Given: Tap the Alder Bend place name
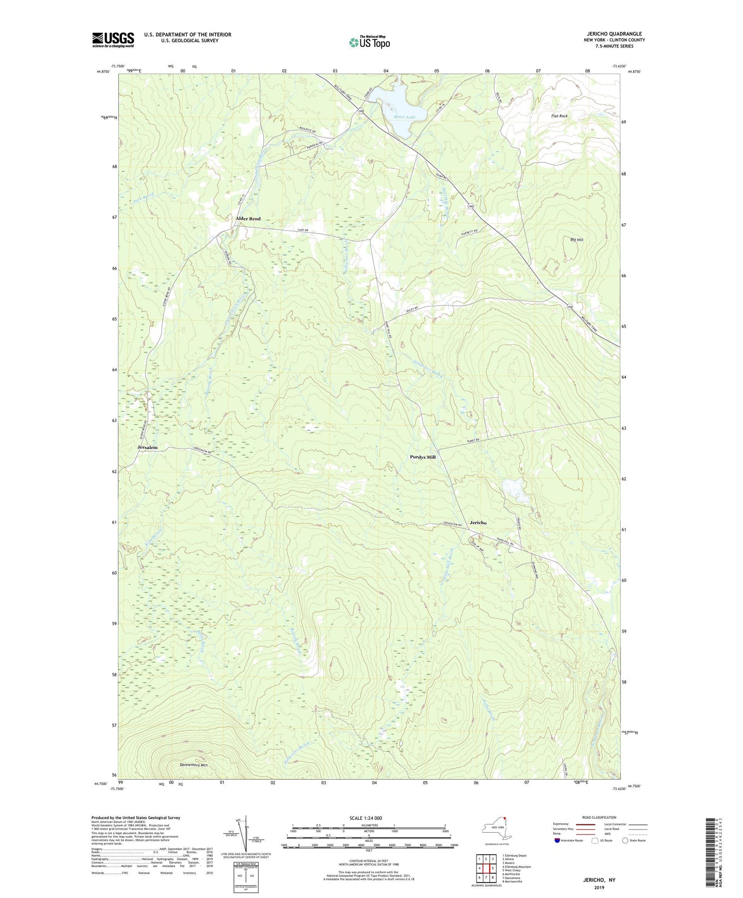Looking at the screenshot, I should (x=248, y=219).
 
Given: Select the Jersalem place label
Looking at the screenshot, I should (x=148, y=448).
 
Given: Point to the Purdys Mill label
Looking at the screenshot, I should (x=423, y=457).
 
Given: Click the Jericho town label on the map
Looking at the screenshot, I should (x=478, y=523).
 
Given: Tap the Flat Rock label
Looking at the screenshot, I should (x=559, y=116).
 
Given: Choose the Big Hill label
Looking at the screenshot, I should (x=577, y=240).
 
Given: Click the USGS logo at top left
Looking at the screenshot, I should (x=113, y=40).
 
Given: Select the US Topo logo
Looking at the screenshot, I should (x=368, y=42).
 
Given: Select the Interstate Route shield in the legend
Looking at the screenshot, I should (x=557, y=840).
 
